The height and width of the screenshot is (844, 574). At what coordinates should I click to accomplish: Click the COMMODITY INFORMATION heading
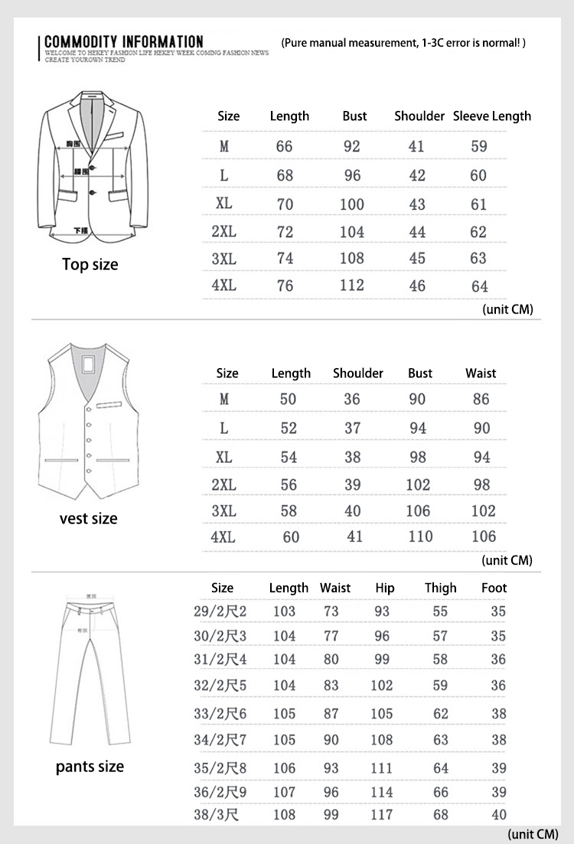point(124,41)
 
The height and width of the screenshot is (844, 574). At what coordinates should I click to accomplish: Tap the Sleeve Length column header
point(491,116)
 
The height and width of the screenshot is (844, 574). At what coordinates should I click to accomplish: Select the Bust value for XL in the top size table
point(352,204)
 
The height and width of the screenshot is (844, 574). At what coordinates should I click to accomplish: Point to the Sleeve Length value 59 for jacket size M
point(479,146)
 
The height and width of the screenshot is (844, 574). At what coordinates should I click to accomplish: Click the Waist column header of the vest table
point(481,373)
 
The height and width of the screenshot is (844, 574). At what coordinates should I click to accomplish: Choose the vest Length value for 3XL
point(289,510)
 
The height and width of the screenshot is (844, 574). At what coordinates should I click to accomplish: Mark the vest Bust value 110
point(420,536)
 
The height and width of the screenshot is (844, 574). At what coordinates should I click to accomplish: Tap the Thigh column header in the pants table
point(441,588)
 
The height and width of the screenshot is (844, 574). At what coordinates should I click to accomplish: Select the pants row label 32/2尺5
point(220,686)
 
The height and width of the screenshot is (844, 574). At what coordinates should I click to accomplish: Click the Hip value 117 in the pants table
point(382,815)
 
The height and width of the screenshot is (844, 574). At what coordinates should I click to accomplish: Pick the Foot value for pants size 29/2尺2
point(498,611)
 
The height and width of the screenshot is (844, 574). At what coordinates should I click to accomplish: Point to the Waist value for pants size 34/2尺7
point(331,740)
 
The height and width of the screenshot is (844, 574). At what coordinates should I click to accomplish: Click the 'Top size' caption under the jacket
point(90,265)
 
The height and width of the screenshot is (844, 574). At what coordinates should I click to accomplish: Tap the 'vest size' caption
point(89,519)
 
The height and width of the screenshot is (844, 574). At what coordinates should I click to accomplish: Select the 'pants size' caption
point(90,767)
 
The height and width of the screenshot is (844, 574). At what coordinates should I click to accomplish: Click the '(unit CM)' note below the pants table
point(533,833)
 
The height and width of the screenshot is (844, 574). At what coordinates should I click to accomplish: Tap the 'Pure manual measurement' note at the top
point(403,43)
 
